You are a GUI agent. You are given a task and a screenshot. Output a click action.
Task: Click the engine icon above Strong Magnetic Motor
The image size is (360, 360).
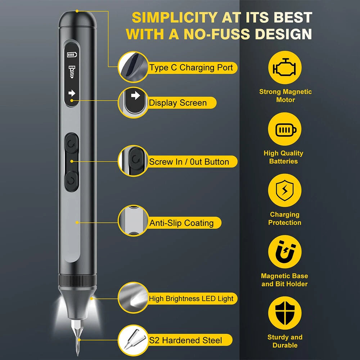(x=285, y=67)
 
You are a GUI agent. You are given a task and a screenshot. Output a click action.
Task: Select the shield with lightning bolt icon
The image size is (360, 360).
(x=285, y=190)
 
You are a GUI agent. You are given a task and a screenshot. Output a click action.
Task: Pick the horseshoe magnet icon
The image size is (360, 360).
(x=285, y=252)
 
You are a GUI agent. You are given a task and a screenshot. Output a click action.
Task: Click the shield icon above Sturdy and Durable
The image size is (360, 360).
(x=285, y=313)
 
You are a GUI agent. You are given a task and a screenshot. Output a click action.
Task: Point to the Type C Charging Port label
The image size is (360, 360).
(x=191, y=68)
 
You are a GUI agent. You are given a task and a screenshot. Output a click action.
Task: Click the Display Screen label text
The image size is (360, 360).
(x=178, y=103)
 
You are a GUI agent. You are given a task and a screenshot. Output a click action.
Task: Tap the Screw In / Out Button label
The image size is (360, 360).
(x=189, y=162)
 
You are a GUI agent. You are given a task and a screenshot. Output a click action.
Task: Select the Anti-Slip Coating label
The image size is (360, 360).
(x=181, y=223)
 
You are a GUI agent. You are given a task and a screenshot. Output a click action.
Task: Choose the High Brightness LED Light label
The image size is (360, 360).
(x=191, y=298)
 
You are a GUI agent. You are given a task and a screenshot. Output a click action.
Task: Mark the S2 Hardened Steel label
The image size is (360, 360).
(x=185, y=340)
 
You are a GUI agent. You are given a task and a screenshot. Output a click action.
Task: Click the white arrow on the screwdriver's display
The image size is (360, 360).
(x=72, y=93)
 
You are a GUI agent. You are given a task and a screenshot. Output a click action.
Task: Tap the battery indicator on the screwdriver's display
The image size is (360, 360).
(x=72, y=55)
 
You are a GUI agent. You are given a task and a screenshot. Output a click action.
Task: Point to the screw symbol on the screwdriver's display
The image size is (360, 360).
(x=72, y=72)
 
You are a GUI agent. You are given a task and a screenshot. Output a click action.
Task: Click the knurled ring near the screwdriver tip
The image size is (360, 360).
(x=77, y=280)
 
